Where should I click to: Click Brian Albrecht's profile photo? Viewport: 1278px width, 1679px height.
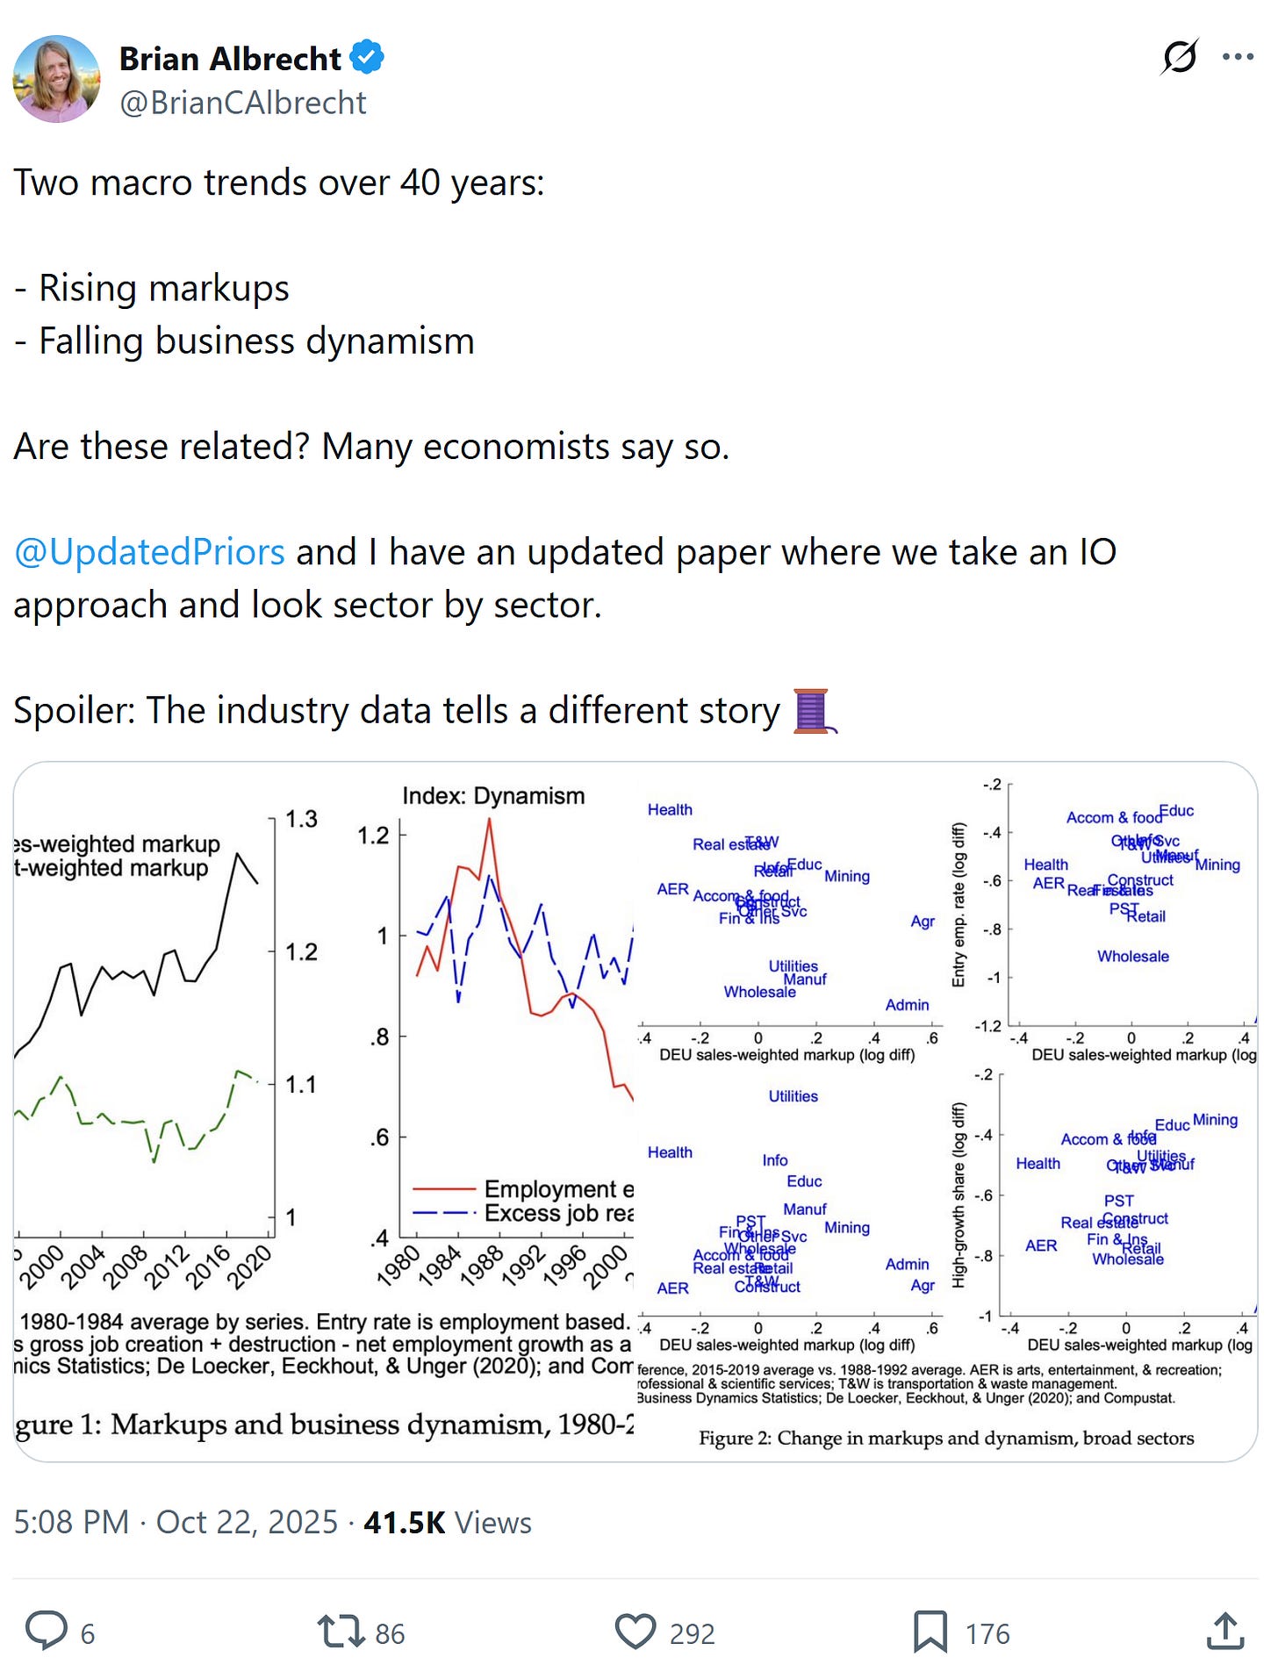pos(56,79)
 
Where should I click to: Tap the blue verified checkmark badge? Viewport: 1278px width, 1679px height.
pos(367,58)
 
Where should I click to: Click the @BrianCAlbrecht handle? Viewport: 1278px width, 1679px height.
pos(243,104)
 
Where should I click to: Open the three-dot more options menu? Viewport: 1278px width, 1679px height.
pos(1238,58)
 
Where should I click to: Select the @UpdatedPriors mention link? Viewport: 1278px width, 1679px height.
pos(149,553)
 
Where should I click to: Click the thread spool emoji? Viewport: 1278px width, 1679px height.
pos(813,711)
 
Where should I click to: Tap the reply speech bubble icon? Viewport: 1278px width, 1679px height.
pos(47,1631)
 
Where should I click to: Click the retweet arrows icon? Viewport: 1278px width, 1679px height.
pos(341,1631)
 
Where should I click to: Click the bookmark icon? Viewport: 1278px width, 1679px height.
pos(930,1631)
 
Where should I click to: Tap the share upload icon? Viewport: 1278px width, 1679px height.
pos(1225,1631)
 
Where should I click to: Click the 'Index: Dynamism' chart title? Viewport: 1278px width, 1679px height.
pos(493,796)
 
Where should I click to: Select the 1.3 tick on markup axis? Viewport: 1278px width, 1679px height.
pos(301,819)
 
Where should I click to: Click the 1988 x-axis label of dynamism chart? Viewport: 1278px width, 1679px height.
pos(481,1266)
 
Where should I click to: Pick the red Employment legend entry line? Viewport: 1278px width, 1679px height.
pos(444,1189)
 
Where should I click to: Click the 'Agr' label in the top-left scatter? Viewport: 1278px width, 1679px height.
pos(923,922)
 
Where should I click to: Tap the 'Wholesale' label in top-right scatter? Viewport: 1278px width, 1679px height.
pos(1132,957)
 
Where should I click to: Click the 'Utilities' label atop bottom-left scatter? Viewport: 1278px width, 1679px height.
pos(793,1096)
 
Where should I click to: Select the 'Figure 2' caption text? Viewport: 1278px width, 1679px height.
pos(946,1439)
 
